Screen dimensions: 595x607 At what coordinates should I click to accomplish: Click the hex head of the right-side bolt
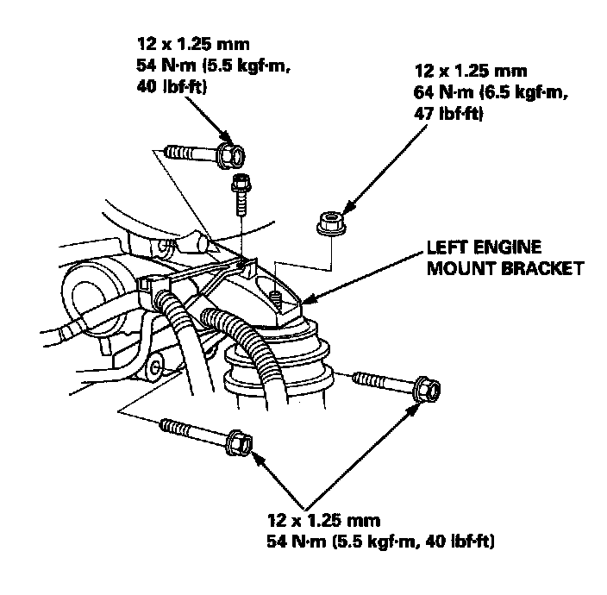coord(426,388)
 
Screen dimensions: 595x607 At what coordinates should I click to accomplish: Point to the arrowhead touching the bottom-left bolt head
coord(256,458)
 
